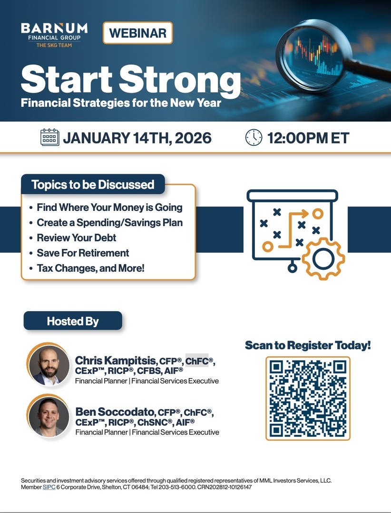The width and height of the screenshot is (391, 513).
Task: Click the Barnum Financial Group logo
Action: point(54,35)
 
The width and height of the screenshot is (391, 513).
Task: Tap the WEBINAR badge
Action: point(137,33)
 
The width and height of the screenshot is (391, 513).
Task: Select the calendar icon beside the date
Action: point(50,137)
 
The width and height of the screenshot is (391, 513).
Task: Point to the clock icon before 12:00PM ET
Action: point(254,137)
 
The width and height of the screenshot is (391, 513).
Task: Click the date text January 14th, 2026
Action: point(137,138)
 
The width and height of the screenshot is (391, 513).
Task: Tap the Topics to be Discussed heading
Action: point(93,184)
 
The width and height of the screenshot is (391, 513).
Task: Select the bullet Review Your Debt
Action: point(77,238)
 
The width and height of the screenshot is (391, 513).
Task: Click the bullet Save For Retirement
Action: point(83,253)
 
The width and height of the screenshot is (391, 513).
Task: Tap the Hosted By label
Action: point(73,321)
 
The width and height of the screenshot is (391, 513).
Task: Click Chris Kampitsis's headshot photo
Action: point(49,364)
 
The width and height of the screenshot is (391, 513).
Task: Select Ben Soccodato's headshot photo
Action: point(49,416)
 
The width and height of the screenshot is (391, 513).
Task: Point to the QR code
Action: point(308,399)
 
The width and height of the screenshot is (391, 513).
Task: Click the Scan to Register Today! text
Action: point(308,345)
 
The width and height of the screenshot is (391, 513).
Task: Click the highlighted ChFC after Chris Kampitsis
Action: point(197,361)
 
